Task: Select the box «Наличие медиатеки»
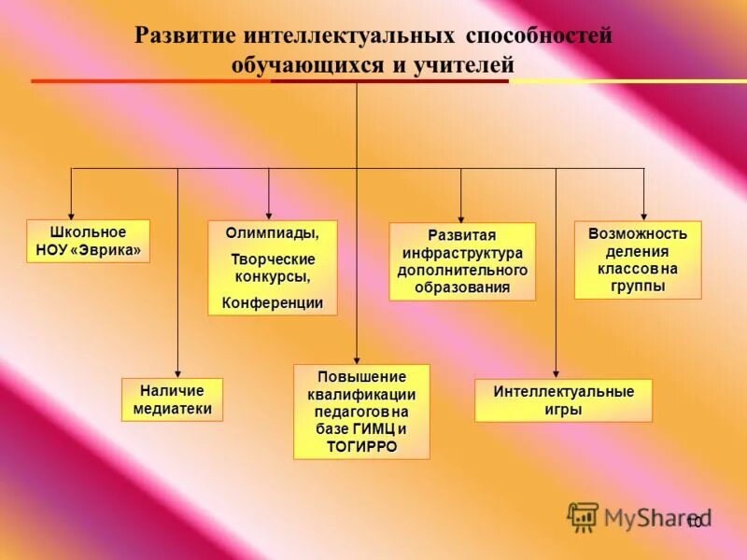click(x=173, y=399)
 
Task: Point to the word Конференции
click(x=273, y=302)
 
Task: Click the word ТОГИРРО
click(x=361, y=447)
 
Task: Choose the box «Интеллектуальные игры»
click(x=563, y=400)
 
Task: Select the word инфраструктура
click(x=462, y=252)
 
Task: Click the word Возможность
click(x=638, y=233)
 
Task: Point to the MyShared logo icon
click(x=584, y=516)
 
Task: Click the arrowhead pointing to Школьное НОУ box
click(x=72, y=214)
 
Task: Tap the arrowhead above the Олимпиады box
click(x=269, y=214)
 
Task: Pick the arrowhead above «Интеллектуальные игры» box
click(x=557, y=372)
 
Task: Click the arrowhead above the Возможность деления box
click(x=644, y=214)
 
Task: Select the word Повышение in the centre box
click(x=361, y=377)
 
